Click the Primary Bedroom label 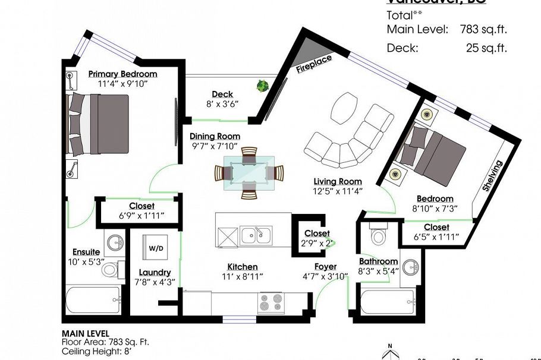(x=122, y=74)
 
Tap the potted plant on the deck (x=262, y=86)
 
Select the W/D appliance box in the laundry (x=156, y=248)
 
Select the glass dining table (x=249, y=173)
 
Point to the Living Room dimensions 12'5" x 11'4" (x=338, y=191)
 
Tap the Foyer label (x=325, y=267)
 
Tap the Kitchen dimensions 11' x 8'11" (x=242, y=276)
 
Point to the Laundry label (x=155, y=272)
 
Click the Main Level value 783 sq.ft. (x=483, y=29)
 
